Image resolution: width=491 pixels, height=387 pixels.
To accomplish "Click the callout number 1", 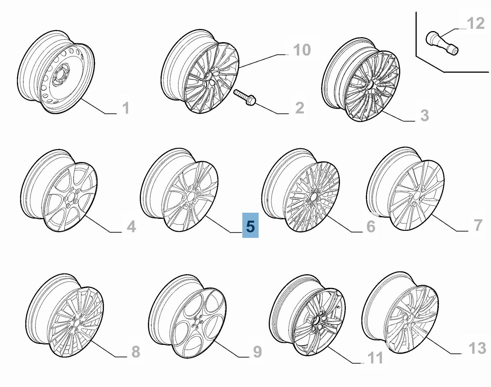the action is tap(126, 108).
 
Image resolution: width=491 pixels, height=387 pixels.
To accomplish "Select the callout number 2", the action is tap(300, 108).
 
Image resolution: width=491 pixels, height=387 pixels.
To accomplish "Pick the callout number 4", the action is tap(131, 227).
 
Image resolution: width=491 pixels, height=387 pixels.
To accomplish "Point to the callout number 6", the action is tap(371, 226).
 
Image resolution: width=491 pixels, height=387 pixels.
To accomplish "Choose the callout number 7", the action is tap(478, 225).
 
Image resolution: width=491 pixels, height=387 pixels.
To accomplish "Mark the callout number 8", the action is tap(136, 352).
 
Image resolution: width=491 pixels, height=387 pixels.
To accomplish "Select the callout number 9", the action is tap(257, 352).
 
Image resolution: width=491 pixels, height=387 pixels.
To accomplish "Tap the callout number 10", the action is tap(302, 50).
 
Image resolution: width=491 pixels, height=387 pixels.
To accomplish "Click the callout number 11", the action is tap(375, 358).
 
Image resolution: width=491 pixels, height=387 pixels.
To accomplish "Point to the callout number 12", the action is tap(475, 23).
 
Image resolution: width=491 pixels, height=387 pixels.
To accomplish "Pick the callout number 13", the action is tap(477, 348).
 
